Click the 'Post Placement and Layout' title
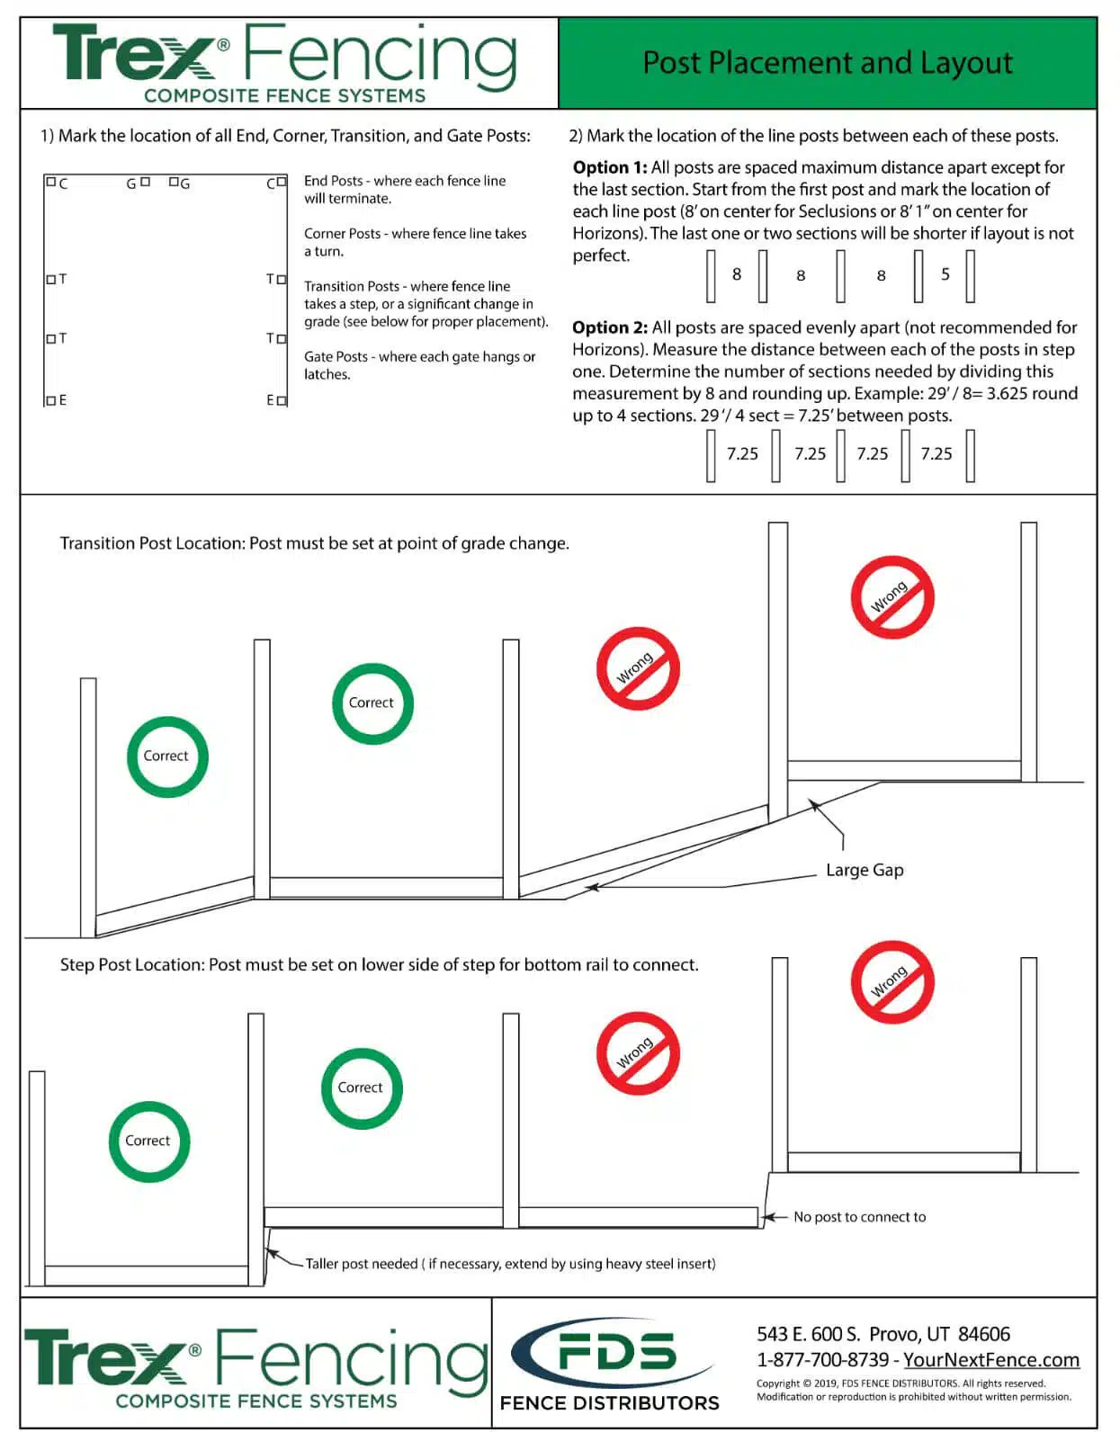pos(827,63)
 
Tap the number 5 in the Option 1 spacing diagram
pos(945,274)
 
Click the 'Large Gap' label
pos(865,870)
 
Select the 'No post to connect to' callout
pos(859,1217)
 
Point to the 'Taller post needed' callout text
pos(509,1264)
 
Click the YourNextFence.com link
pos(991,1360)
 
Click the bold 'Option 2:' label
pos(610,327)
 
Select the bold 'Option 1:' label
pos(610,167)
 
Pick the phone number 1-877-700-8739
pos(822,1360)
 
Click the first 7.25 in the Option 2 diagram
pos(742,454)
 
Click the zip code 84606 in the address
pos(984,1334)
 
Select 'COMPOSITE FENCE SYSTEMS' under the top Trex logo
pos(284,95)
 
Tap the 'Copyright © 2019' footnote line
pos(900,1383)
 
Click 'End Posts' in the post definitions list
pos(333,181)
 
